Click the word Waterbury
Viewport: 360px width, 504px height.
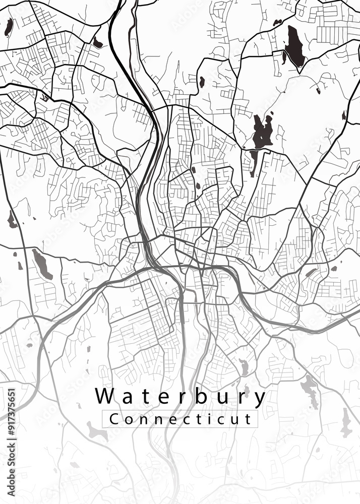180,397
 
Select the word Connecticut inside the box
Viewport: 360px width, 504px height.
180,419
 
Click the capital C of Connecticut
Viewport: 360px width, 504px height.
114,419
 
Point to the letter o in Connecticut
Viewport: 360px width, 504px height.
127,419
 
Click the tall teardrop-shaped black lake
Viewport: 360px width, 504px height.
294,47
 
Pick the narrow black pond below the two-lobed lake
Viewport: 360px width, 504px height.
254,161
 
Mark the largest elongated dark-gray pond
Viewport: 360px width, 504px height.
42,264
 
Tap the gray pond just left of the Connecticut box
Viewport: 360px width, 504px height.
93,430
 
